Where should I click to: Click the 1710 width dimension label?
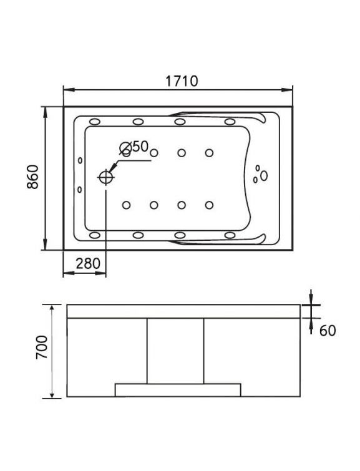pos(182,81)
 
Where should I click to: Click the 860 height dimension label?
pos(32,177)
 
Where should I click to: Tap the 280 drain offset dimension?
pos(88,263)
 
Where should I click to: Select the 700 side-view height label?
pos(42,347)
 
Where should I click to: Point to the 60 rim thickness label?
pos(328,331)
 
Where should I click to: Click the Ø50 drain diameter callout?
pos(134,147)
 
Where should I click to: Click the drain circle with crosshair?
pos(106,177)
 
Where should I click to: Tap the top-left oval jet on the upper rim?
pos(95,122)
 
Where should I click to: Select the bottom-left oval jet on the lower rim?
pos(95,235)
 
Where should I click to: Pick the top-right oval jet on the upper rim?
pos(230,122)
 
